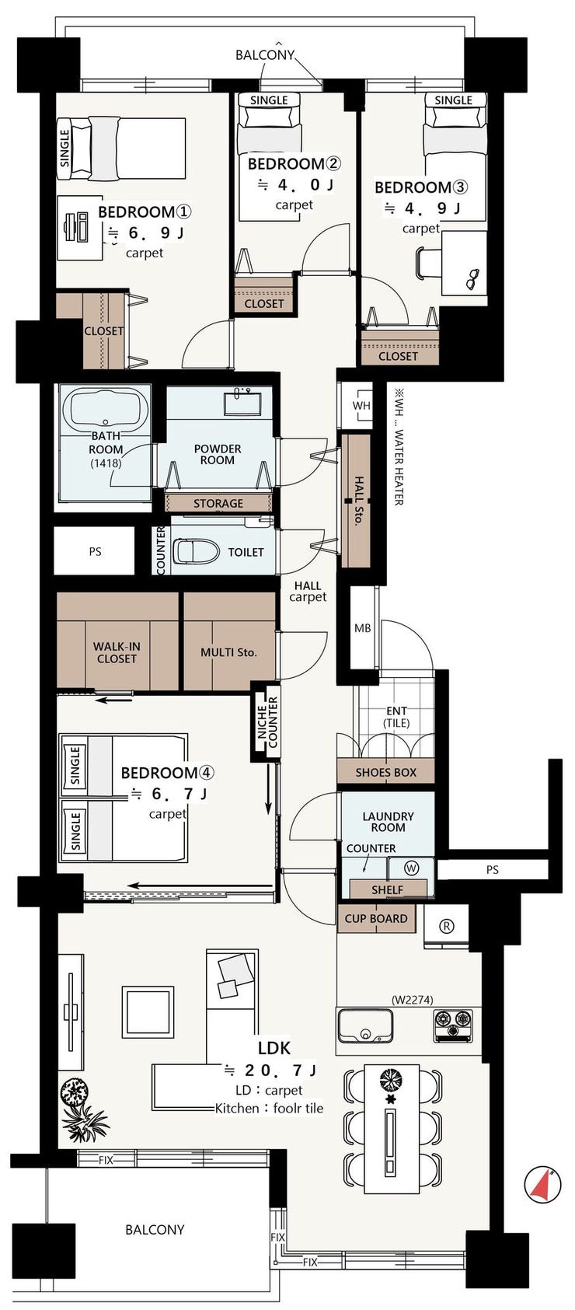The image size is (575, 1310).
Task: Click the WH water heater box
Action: click(x=361, y=405)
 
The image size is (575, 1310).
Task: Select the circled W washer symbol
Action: click(x=411, y=868)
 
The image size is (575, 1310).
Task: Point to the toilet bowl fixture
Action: click(x=197, y=551)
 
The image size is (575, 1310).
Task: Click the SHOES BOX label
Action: click(x=385, y=773)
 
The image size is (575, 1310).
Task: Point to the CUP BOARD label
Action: click(x=376, y=918)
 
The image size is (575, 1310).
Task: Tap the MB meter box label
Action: click(x=362, y=628)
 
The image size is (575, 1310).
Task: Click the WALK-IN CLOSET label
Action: click(x=117, y=652)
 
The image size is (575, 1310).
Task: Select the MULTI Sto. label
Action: click(x=228, y=652)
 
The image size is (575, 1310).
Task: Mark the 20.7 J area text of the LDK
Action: click(x=272, y=1071)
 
